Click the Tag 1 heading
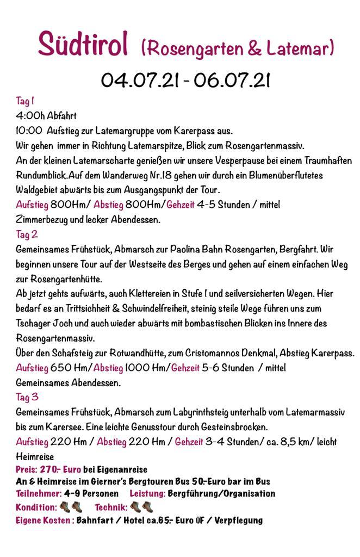(25, 101)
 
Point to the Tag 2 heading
(27, 234)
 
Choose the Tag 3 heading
(27, 397)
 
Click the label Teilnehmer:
(38, 493)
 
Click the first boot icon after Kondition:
(64, 506)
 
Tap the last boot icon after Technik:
(147, 506)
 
